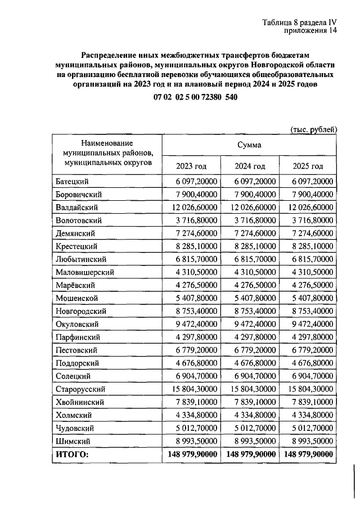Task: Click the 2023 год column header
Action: tap(191, 166)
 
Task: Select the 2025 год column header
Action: tap(308, 166)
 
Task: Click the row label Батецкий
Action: tap(73, 182)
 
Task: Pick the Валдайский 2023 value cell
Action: tap(192, 208)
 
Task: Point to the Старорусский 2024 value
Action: tap(250, 389)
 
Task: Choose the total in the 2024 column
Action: tap(250, 454)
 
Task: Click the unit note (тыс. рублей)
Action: tap(313, 129)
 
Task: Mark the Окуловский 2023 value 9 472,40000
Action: tap(192, 324)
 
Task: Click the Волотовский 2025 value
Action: tap(309, 220)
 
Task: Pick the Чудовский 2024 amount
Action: tap(250, 427)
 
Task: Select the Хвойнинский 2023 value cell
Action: tap(192, 402)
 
